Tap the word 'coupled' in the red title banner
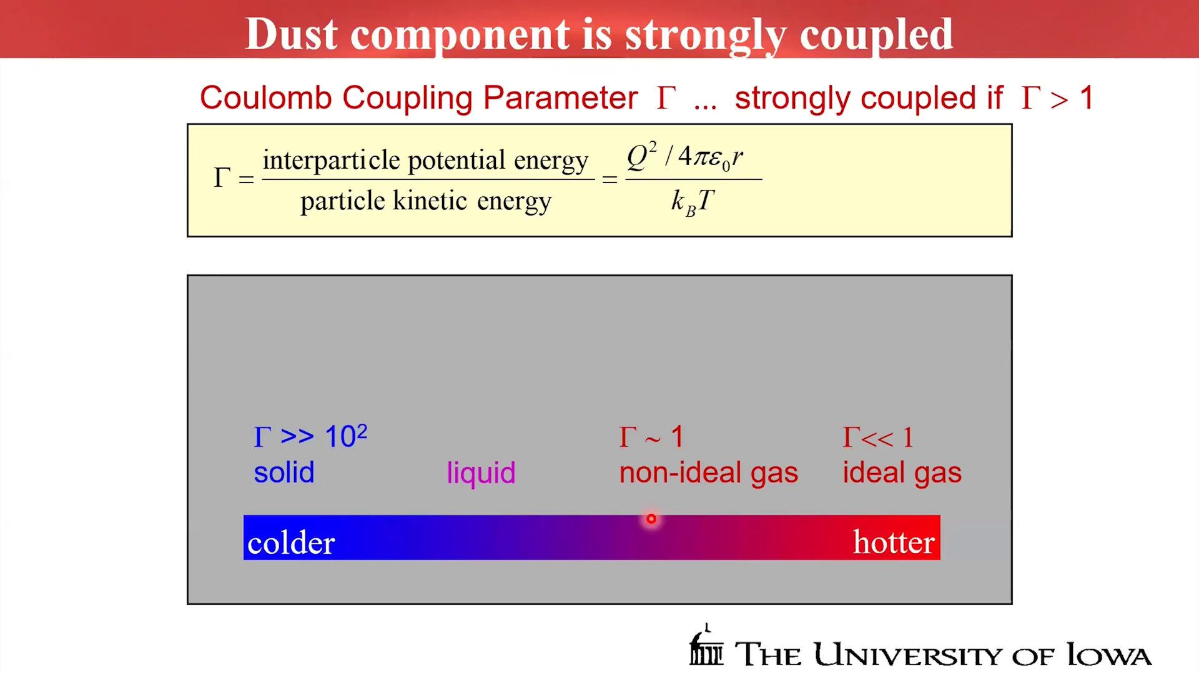(876, 36)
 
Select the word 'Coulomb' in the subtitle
(265, 97)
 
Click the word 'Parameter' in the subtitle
(560, 97)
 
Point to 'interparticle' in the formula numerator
(331, 161)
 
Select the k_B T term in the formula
(693, 202)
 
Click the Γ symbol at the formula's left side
(222, 177)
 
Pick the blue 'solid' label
(284, 472)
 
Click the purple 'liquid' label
(481, 473)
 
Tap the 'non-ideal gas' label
(708, 473)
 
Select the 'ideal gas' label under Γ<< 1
(902, 473)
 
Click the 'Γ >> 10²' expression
(310, 436)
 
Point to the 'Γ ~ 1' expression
(651, 437)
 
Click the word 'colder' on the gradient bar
(291, 542)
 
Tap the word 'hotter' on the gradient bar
(894, 542)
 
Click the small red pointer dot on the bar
(651, 519)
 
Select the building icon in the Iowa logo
(706, 645)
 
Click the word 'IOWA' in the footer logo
(1108, 655)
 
